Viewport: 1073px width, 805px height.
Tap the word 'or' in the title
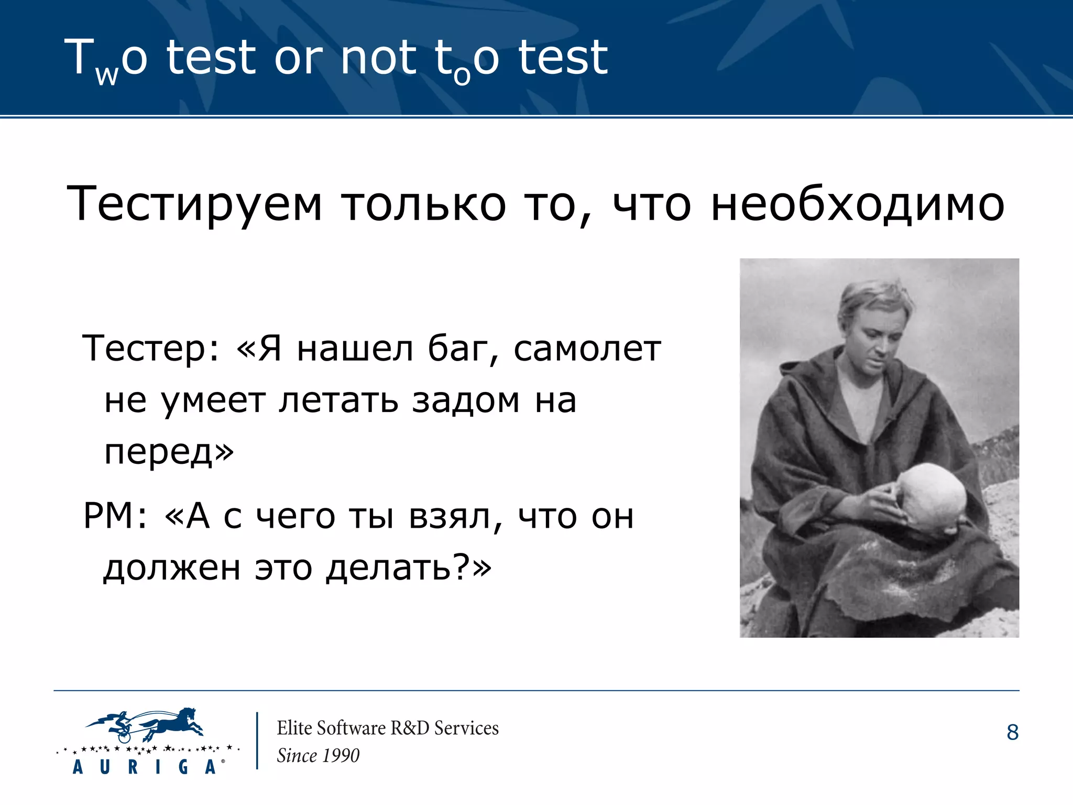coord(299,59)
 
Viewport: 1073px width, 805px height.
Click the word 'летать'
coord(338,401)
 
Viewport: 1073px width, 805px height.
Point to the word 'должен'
coord(172,568)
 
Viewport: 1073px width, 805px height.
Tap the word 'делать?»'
coord(409,568)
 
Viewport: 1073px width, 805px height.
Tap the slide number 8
coord(1012,733)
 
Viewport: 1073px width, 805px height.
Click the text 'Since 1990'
coord(318,756)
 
